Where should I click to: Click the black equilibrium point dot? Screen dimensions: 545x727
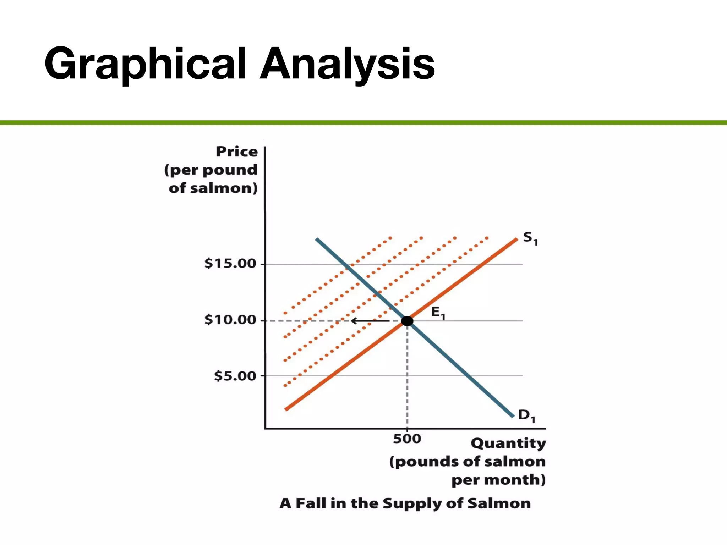tap(407, 321)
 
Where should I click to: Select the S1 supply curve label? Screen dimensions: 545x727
tap(530, 238)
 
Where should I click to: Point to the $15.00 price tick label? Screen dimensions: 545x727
tap(230, 264)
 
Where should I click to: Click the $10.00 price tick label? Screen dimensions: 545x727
tap(230, 320)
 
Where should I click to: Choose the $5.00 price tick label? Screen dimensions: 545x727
tap(235, 376)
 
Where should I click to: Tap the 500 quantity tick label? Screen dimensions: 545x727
tap(407, 439)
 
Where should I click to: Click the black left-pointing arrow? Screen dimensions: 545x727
tap(370, 321)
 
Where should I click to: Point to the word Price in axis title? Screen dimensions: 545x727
tap(237, 152)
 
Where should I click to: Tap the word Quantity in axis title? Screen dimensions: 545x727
tap(508, 444)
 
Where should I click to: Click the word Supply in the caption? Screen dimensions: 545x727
tap(412, 503)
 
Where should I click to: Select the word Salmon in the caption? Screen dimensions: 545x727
tap(499, 503)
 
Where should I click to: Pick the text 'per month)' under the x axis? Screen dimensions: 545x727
tap(498, 480)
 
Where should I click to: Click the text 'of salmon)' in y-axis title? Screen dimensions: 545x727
tap(213, 188)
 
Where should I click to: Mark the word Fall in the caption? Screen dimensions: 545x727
tap(311, 503)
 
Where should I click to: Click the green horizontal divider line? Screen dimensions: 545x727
tap(363, 123)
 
